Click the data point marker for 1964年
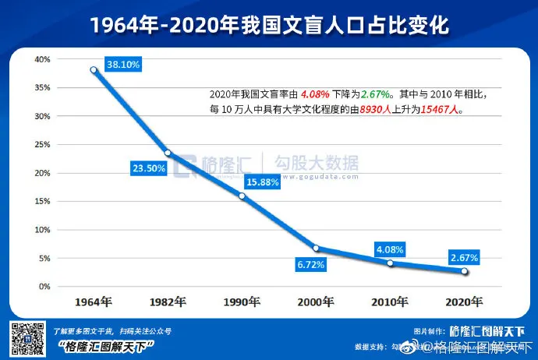(94, 69)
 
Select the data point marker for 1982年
(168, 153)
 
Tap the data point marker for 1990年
(242, 196)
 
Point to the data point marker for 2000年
(316, 249)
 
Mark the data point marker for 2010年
(390, 263)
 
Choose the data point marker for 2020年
(464, 271)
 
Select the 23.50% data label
(149, 167)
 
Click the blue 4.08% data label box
(390, 249)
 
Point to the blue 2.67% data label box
(464, 257)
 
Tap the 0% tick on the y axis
(44, 286)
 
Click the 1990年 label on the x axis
(242, 301)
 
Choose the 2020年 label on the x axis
(464, 301)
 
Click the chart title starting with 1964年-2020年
(269, 25)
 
